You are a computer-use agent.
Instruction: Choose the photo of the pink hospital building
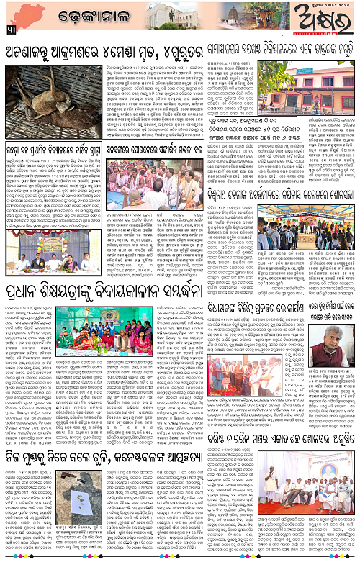(x=309, y=82)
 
